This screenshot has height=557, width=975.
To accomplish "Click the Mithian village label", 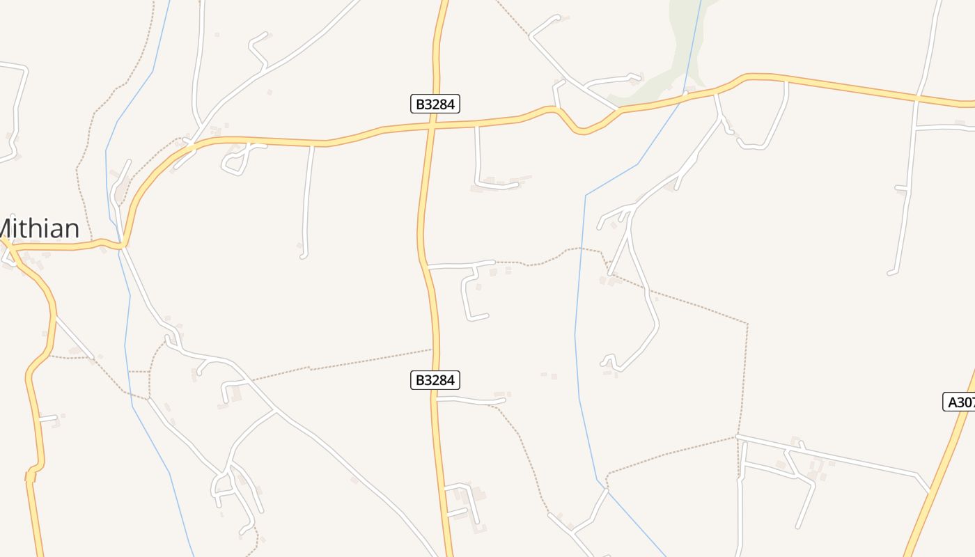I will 39,228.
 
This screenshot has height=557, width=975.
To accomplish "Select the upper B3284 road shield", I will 435,104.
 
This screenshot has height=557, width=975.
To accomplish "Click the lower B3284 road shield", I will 435,380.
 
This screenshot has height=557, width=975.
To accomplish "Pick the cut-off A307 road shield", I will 960,402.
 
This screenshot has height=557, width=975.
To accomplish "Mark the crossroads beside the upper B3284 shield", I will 432,126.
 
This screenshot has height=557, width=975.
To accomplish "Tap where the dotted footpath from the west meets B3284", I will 432,350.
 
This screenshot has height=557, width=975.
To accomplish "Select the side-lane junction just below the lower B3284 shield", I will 437,400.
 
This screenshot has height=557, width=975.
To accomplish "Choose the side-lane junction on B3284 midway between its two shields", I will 426,267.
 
